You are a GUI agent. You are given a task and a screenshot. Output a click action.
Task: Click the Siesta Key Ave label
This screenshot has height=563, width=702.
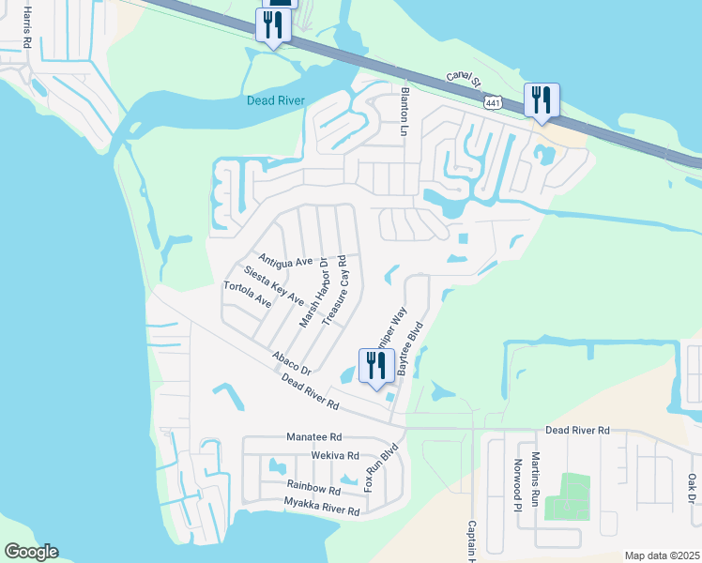tap(273, 285)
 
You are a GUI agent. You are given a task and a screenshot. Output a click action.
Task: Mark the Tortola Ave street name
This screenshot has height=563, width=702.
tap(248, 295)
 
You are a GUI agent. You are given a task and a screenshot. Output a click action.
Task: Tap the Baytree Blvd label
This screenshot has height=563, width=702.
tap(410, 349)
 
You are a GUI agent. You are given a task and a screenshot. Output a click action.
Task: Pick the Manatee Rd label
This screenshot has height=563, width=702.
tap(314, 437)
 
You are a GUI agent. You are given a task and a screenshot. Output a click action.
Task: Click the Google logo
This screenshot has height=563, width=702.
tap(31, 552)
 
